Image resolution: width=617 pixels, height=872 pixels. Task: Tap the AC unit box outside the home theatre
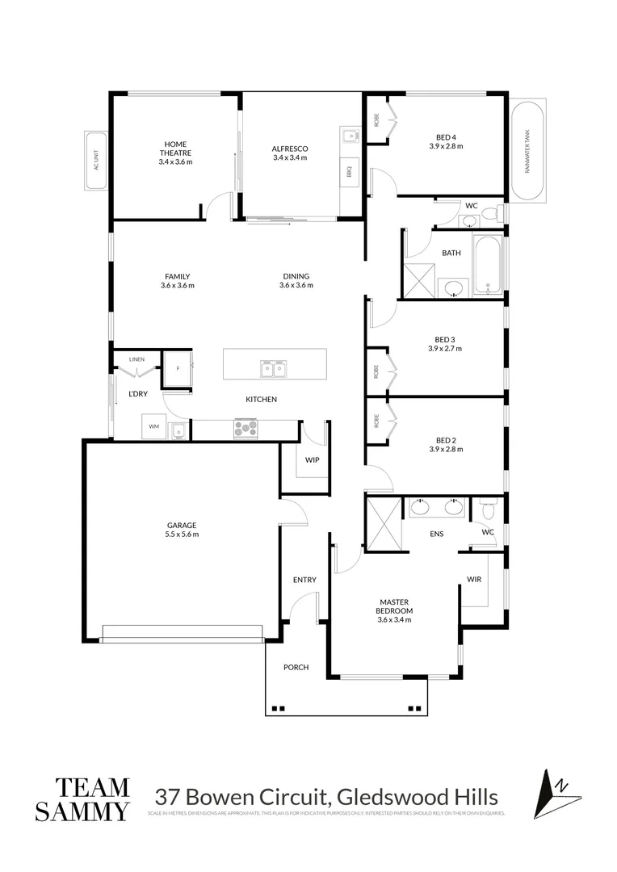(95, 161)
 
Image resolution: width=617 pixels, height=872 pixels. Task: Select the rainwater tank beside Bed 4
(527, 150)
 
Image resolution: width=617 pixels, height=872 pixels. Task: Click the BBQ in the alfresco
(350, 171)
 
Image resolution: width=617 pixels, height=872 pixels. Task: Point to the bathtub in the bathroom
(487, 266)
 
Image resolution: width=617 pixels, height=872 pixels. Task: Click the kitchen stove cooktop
(246, 429)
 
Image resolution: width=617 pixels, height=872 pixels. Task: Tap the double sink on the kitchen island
(272, 369)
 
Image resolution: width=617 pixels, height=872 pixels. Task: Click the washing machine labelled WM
(153, 426)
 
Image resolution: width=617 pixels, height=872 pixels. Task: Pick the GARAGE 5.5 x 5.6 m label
(182, 529)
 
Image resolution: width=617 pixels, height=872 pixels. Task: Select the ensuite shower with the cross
(383, 524)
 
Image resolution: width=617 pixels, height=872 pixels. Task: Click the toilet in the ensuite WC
(487, 510)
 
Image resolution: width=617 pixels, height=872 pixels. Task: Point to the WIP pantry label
(312, 459)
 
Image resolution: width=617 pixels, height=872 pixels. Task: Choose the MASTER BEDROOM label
(395, 606)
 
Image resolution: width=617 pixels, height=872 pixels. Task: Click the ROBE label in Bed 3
(376, 371)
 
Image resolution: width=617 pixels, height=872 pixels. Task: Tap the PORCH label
(296, 667)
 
